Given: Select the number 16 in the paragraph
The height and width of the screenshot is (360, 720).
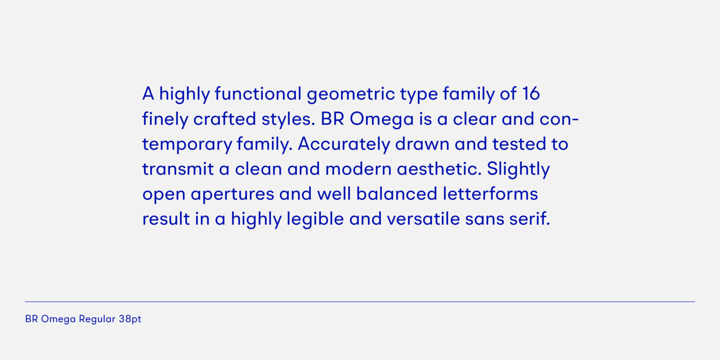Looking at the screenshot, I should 530,93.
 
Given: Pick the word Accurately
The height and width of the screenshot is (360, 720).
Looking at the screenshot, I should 343,144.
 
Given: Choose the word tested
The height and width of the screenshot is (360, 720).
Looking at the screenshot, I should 512,144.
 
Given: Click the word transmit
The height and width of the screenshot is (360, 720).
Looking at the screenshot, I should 177,169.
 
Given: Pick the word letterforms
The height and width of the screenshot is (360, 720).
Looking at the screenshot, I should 490,194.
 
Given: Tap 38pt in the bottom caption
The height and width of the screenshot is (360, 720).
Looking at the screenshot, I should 130,319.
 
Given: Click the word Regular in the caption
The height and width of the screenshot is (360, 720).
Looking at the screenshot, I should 97,319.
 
